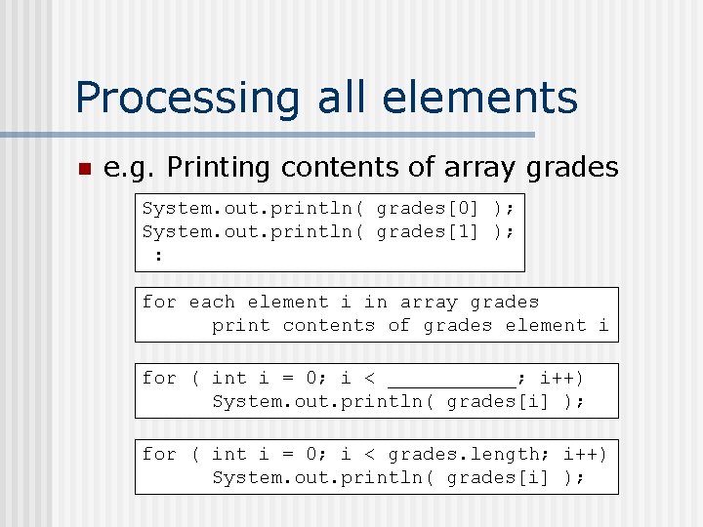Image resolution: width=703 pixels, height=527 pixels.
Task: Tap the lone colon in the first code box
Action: tap(159, 255)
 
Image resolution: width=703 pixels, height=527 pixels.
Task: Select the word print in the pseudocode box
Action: tap(240, 326)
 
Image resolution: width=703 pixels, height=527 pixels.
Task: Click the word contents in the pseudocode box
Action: tap(328, 326)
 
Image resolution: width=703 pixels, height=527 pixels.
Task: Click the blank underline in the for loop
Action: tap(452, 379)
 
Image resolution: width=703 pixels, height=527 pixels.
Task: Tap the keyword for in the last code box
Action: tap(160, 454)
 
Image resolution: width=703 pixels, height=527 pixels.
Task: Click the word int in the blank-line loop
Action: tap(229, 378)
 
